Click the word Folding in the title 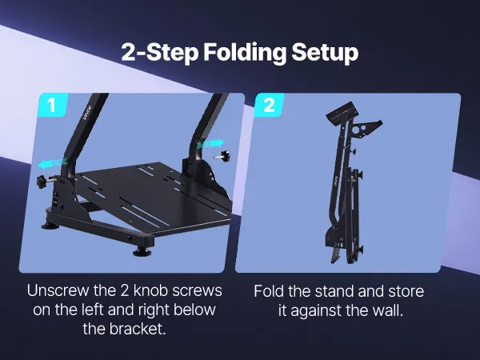click(x=245, y=53)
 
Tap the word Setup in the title click(x=325, y=53)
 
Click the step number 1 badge click(x=52, y=105)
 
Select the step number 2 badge click(x=269, y=105)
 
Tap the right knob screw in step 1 click(x=223, y=156)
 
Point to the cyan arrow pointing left click(x=52, y=163)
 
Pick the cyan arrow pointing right click(x=210, y=143)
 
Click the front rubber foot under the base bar click(x=142, y=251)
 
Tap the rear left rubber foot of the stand click(x=50, y=226)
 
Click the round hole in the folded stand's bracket click(x=358, y=129)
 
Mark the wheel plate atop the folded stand click(x=342, y=112)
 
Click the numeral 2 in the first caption click(x=125, y=291)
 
